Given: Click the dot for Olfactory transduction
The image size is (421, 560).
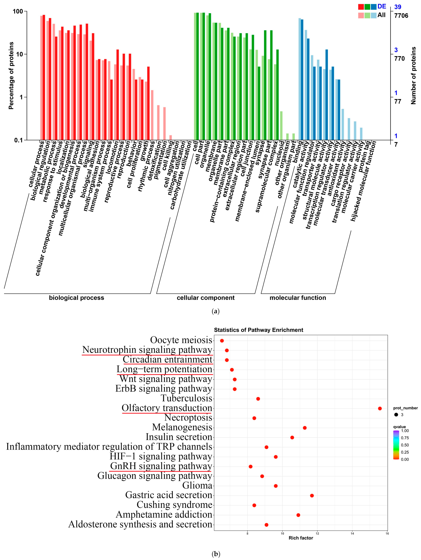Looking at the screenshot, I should pos(380,408).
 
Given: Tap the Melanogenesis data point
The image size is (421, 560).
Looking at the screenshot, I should pos(305,428).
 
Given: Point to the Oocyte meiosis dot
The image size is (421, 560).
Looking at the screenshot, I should pos(222,341).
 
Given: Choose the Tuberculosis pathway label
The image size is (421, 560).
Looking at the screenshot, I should pos(187,398).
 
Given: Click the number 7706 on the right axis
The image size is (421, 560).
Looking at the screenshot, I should pos(401,16).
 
